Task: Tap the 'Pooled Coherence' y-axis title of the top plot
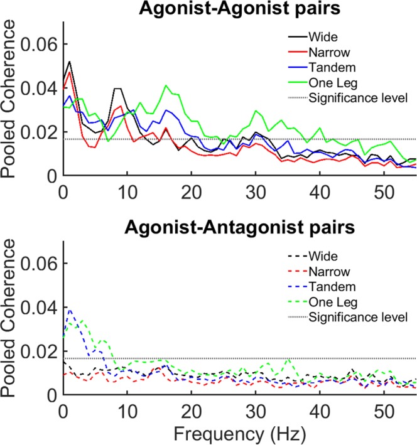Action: [x=11, y=99]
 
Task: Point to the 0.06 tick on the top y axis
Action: [x=40, y=45]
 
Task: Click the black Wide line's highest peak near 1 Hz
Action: [x=69, y=62]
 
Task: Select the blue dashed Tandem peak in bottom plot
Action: [x=70, y=309]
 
